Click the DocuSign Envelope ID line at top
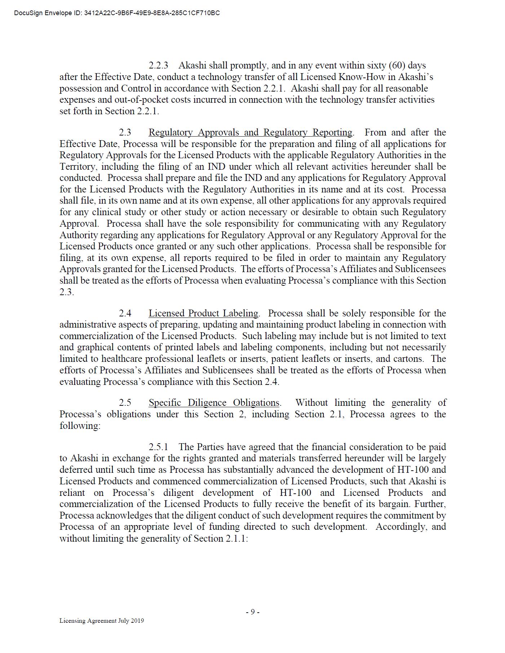(117, 13)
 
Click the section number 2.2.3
(158, 66)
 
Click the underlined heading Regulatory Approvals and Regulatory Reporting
(250, 133)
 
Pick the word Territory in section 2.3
(77, 167)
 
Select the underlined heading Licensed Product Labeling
(203, 314)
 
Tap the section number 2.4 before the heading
(125, 314)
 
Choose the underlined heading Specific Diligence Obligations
(214, 403)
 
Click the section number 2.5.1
(158, 447)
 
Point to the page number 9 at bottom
(253, 612)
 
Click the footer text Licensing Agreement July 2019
(102, 621)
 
